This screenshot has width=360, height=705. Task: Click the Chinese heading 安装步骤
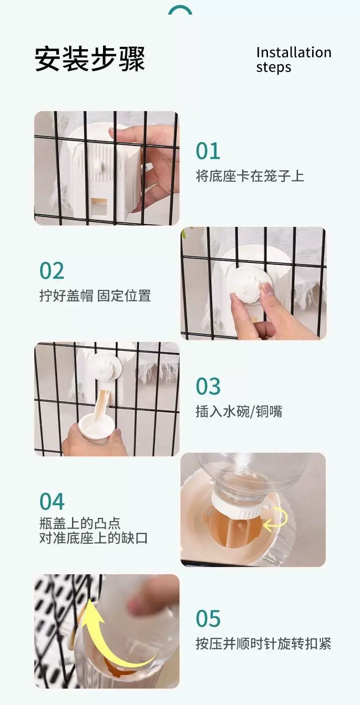[90, 59]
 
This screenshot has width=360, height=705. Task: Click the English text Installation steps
[293, 60]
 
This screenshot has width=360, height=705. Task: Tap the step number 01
[208, 151]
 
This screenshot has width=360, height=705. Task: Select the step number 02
[51, 271]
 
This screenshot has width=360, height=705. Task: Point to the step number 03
[208, 386]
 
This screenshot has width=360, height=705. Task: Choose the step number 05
[208, 618]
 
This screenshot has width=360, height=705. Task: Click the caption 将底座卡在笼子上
[250, 176]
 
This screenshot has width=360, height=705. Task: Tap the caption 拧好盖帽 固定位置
[95, 296]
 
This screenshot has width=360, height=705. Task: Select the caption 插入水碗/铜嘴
[239, 411]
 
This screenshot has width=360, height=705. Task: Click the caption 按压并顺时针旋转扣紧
[263, 644]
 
